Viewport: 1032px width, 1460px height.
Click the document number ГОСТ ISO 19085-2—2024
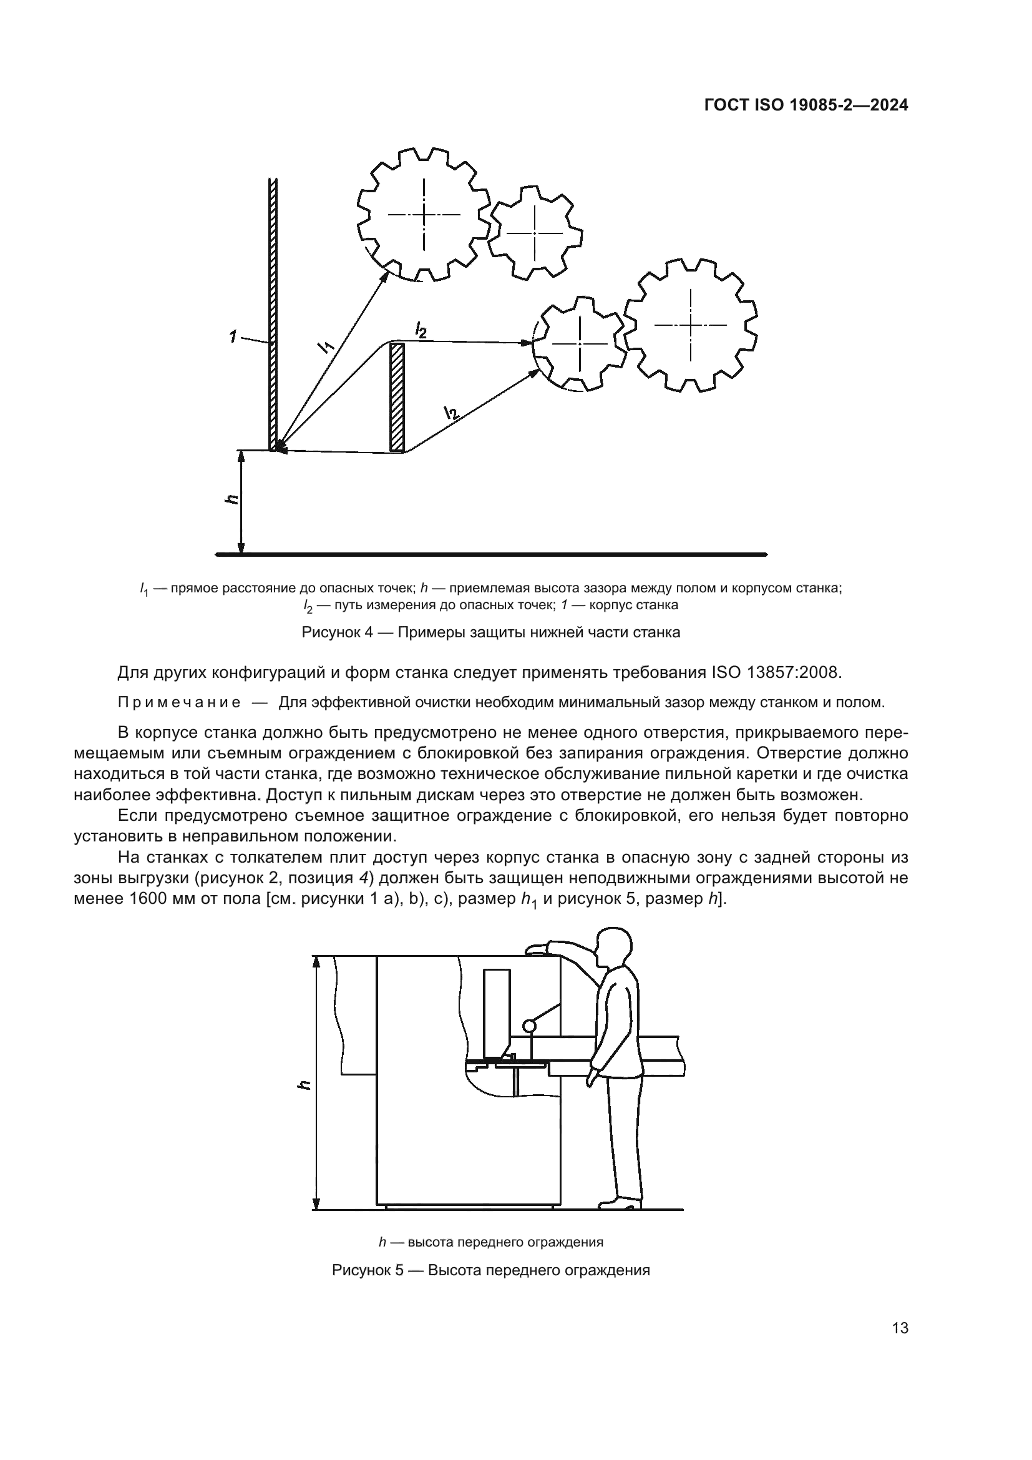pos(806,105)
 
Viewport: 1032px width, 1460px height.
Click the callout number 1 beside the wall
pos(235,336)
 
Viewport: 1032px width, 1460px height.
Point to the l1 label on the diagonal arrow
pos(325,346)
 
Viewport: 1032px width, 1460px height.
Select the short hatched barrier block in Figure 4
pos(397,398)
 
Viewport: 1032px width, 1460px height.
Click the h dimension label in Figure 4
pos(232,499)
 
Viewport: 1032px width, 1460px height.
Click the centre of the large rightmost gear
pos(691,325)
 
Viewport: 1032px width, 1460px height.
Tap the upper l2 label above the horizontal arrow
pos(420,330)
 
